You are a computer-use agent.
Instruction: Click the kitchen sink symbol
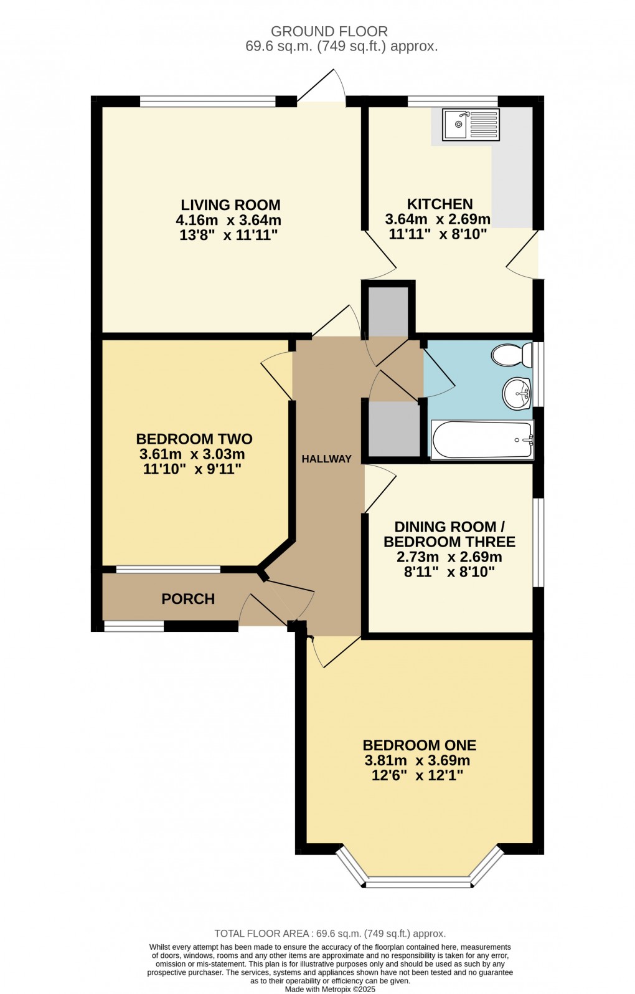[x=471, y=124]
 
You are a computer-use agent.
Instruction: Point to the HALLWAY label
[x=327, y=459]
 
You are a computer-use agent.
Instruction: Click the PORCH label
[x=188, y=599]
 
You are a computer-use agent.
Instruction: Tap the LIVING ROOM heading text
[x=230, y=205]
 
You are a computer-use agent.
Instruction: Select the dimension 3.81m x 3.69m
[x=417, y=760]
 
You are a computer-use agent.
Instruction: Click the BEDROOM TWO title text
[x=194, y=439]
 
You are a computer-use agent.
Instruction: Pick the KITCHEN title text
[x=440, y=204]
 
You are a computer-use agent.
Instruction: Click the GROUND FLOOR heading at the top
[x=329, y=31]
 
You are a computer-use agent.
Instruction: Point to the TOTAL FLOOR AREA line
[x=330, y=934]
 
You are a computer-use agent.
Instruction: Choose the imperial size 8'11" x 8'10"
[x=449, y=571]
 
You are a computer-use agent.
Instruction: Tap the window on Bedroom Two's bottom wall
[x=168, y=569]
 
